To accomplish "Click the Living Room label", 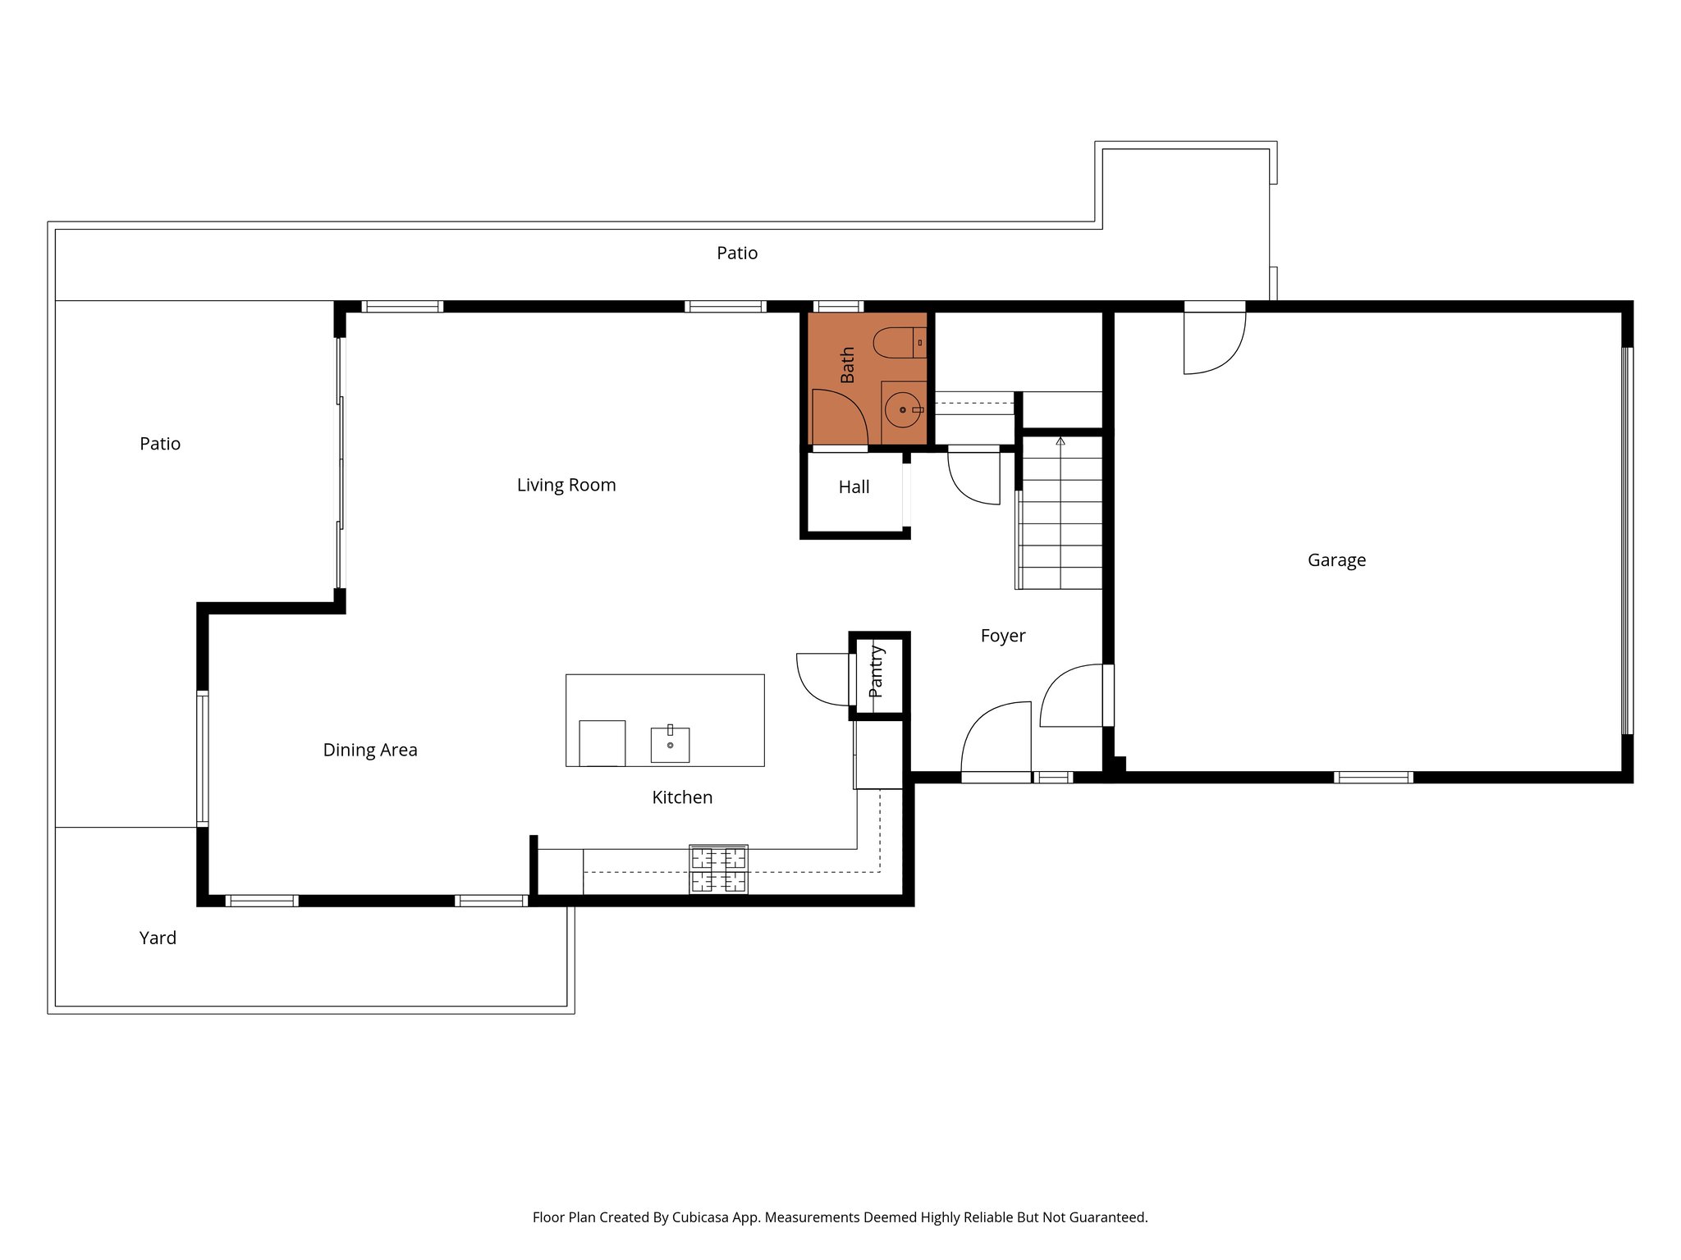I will pos(566,485).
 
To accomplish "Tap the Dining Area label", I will pos(370,750).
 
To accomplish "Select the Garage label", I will pos(1336,560).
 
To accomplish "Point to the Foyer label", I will pos(1003,636).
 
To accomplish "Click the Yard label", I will pos(158,938).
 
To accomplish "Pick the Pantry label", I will pos(877,672).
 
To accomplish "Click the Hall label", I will pos(854,487).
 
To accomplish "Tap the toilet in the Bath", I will pos(898,343).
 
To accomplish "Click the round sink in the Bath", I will pos(903,409).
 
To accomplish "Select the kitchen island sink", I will pos(670,744).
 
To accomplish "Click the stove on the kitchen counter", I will pos(718,870).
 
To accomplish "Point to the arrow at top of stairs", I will pos(1060,441).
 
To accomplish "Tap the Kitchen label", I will pos(682,797).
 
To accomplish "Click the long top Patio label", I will pos(737,253).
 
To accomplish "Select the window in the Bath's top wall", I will pos(837,307).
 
